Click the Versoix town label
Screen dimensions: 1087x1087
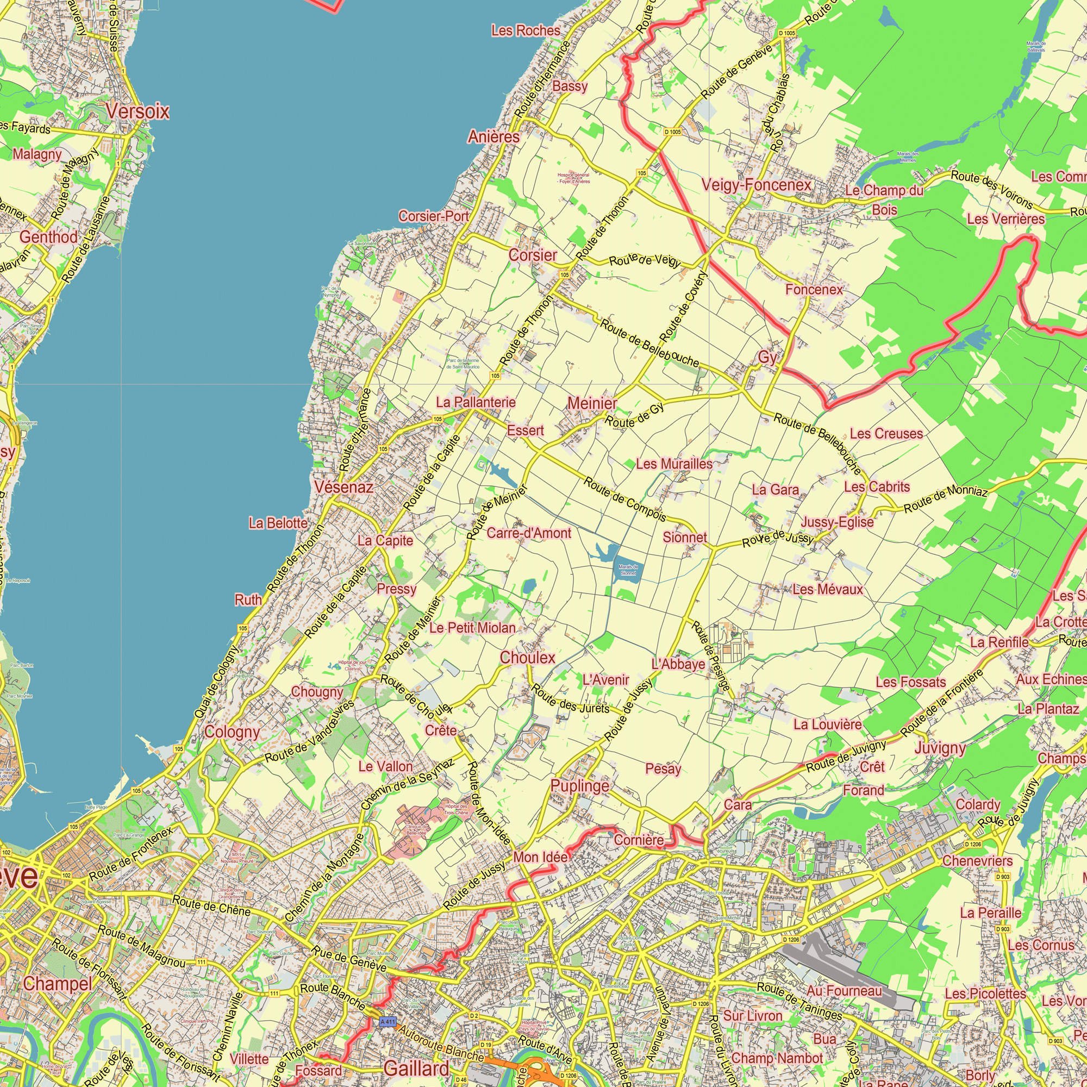tap(138, 111)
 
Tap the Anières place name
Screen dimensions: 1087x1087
tap(493, 137)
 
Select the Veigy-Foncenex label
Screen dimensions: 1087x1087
tap(755, 185)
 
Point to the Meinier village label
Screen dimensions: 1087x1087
tap(591, 403)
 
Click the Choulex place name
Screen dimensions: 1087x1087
tap(527, 658)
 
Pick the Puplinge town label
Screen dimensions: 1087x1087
tap(579, 786)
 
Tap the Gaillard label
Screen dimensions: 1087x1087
tap(416, 1069)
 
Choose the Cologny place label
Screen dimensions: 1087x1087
tap(232, 732)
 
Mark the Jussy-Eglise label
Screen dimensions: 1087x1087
tap(836, 522)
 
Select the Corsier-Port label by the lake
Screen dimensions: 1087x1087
tap(433, 216)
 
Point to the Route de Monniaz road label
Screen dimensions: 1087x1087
tap(945, 498)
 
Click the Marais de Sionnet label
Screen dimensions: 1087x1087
tap(628, 570)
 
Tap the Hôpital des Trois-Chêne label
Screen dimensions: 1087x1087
tap(456, 809)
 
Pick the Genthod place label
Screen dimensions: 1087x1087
tap(48, 238)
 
